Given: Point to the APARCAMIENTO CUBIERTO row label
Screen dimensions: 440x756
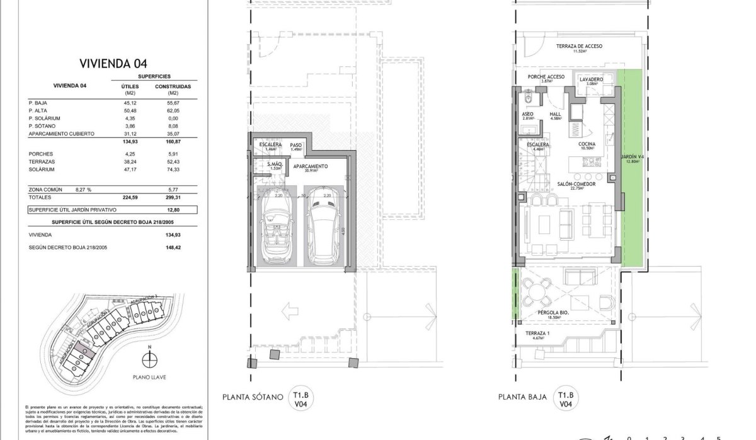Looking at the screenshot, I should click(61, 134).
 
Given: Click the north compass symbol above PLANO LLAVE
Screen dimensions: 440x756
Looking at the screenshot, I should click(149, 360).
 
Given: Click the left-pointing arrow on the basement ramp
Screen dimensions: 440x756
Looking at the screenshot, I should click(290, 310).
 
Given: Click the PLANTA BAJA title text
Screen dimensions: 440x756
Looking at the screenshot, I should click(521, 397).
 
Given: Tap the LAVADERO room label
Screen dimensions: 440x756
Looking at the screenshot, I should click(591, 79).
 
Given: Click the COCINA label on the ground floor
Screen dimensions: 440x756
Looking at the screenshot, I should click(587, 144).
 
